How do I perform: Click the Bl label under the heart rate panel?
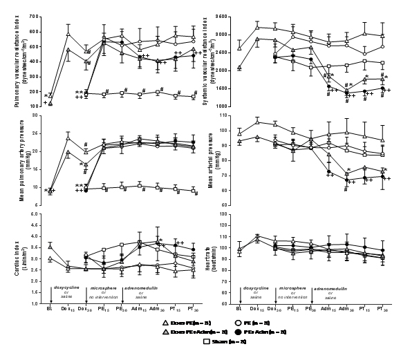click(240, 310)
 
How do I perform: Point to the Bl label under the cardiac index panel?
click(50, 310)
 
